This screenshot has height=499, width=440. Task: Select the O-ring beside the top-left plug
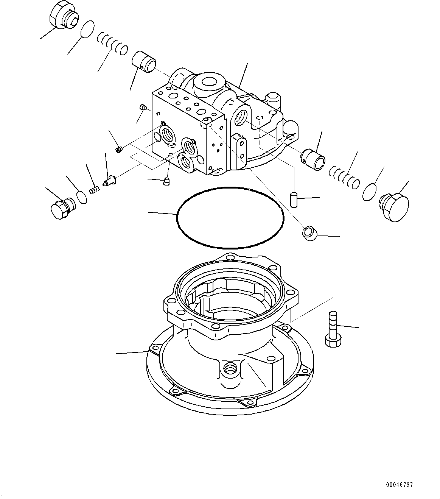point(88,29)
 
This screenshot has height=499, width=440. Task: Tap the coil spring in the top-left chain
point(112,44)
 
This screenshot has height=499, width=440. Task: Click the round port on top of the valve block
point(208,81)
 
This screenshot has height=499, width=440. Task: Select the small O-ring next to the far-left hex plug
point(81,197)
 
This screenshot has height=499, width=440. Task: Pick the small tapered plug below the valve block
point(166,182)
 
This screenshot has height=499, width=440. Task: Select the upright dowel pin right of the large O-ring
point(294,198)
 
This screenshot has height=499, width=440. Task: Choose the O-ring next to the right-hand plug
point(370,192)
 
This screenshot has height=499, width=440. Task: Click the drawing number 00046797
point(399,485)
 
